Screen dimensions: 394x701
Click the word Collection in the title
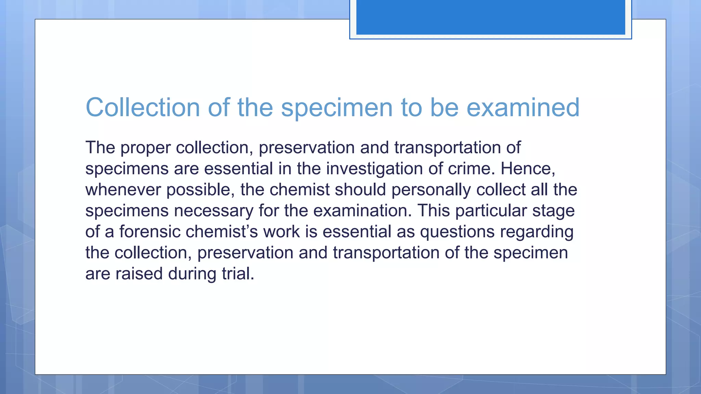tap(142, 107)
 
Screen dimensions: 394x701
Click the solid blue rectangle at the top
tap(490, 17)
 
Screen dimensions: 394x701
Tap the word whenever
tap(123, 190)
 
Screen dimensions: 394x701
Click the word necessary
tap(214, 211)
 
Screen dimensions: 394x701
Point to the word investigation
tap(374, 169)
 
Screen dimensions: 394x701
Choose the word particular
tap(491, 211)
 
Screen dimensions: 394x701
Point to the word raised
tap(139, 274)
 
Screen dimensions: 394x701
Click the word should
tap(360, 190)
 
